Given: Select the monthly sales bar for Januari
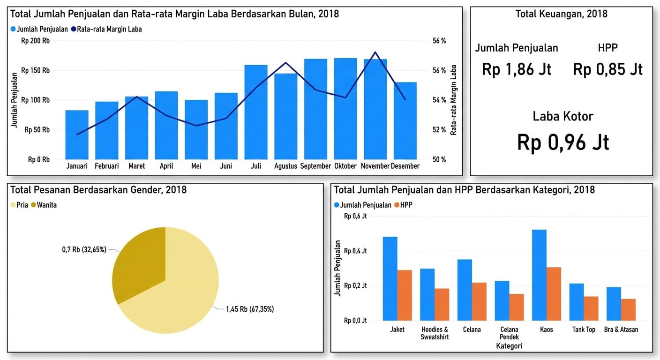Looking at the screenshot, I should [76, 135].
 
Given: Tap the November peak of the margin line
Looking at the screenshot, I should [375, 52].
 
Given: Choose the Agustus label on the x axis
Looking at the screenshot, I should [285, 166].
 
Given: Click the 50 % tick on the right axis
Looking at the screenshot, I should [439, 159].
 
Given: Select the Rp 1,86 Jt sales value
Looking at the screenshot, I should [517, 69].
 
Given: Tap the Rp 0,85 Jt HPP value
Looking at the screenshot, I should [607, 69].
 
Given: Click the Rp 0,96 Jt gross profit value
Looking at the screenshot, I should [563, 142].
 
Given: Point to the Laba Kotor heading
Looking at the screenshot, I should [563, 116].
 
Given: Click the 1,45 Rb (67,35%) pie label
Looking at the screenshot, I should [250, 309].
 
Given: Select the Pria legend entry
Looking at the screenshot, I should [19, 205].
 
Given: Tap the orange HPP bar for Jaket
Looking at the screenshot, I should [405, 295].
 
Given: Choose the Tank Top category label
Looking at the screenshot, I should [584, 330].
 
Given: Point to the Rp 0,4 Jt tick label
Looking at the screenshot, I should [355, 251].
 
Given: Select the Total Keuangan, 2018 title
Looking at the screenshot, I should [561, 14].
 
